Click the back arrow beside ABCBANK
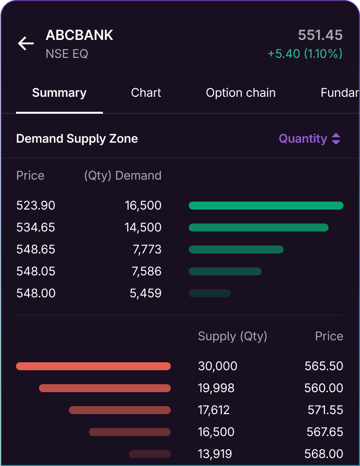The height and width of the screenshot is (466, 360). (26, 43)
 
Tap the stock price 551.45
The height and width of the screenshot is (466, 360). (320, 35)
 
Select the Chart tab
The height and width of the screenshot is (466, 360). (146, 93)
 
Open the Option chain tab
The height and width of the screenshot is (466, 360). (241, 93)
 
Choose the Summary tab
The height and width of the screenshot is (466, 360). (59, 93)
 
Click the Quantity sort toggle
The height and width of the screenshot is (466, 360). (310, 139)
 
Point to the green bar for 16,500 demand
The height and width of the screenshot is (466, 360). (266, 206)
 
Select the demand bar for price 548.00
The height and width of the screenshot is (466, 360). (210, 293)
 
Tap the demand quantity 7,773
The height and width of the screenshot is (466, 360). (147, 249)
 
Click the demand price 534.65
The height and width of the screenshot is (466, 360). (35, 228)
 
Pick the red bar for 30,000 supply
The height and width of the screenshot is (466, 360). (93, 366)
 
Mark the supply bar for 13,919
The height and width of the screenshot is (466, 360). (150, 454)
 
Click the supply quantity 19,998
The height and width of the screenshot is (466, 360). (216, 388)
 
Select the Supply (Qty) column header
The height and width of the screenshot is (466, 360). (233, 336)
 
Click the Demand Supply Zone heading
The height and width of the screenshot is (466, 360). (77, 139)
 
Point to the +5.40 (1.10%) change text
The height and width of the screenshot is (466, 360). (305, 53)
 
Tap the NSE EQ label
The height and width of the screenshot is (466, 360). (67, 54)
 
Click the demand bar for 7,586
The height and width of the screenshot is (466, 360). (225, 271)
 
